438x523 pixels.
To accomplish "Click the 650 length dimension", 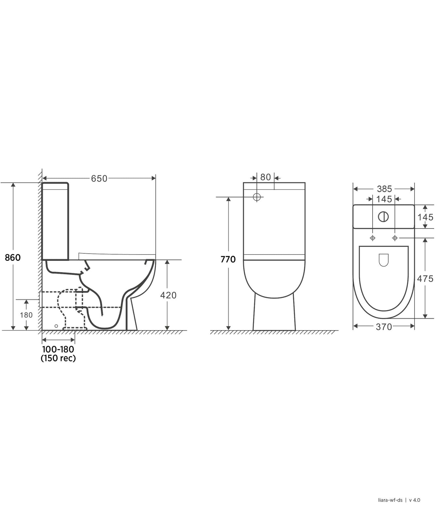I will pyautogui.click(x=99, y=178).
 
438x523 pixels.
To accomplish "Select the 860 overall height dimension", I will pyautogui.click(x=13, y=258).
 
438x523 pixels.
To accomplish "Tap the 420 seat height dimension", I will pyautogui.click(x=168, y=295).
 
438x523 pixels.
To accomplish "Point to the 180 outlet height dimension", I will pyautogui.click(x=26, y=315).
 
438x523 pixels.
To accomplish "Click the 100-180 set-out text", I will pyautogui.click(x=58, y=349).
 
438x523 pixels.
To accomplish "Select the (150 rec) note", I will pyautogui.click(x=58, y=358).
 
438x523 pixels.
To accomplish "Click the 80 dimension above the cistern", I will pyautogui.click(x=265, y=177).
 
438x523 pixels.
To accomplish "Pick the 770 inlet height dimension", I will pyautogui.click(x=228, y=259).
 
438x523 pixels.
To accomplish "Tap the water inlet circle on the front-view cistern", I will pyautogui.click(x=257, y=197).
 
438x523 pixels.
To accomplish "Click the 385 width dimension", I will pyautogui.click(x=384, y=189).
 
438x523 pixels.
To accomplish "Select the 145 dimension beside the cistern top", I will pyautogui.click(x=425, y=217).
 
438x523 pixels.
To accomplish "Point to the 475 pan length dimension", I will pyautogui.click(x=425, y=279).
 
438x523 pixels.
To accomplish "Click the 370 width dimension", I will pyautogui.click(x=384, y=327).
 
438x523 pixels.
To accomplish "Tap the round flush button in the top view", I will pyautogui.click(x=383, y=217).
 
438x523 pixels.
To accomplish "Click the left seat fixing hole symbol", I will pyautogui.click(x=373, y=238).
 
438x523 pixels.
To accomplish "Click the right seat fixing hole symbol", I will pyautogui.click(x=395, y=238).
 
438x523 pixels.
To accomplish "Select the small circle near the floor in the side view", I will pyautogui.click(x=56, y=326).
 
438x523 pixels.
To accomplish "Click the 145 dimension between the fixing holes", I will pyautogui.click(x=384, y=199).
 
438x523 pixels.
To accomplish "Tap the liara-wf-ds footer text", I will pyautogui.click(x=390, y=500).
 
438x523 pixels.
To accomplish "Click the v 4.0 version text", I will pyautogui.click(x=414, y=500).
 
